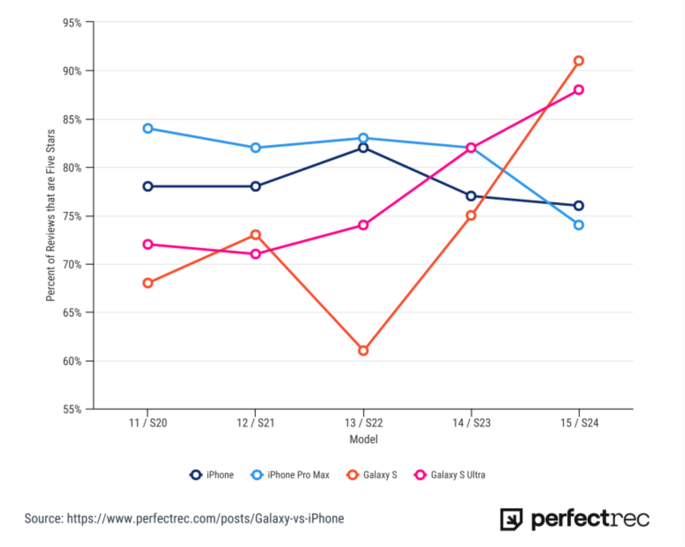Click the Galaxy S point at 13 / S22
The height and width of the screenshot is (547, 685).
click(x=363, y=350)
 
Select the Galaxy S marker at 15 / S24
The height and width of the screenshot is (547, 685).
click(x=579, y=61)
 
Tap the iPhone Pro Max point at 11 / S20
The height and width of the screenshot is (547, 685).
click(x=148, y=128)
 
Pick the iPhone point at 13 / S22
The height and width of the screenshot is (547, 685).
click(x=363, y=148)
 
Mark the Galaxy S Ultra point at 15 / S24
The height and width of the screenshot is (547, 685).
click(x=579, y=90)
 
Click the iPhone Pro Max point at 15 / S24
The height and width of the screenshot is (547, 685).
click(x=579, y=225)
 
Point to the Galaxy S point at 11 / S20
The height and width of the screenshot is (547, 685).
click(x=148, y=283)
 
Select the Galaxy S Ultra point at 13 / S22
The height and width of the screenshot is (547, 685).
click(x=363, y=225)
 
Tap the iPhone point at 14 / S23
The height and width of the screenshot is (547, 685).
click(x=471, y=196)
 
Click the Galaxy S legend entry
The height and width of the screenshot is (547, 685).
click(x=372, y=475)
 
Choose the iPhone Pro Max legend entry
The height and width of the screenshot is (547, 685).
click(x=290, y=475)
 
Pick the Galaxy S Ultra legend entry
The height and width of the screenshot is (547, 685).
click(x=450, y=475)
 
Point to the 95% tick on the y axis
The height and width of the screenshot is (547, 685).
click(x=72, y=23)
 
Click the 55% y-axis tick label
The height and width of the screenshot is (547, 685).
click(x=72, y=410)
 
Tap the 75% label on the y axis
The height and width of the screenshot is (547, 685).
click(x=72, y=216)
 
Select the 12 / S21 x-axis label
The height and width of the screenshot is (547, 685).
click(x=255, y=423)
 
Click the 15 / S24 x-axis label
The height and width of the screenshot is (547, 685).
click(x=579, y=423)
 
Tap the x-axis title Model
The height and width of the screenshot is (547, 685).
click(x=363, y=439)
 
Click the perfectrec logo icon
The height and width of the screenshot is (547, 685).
click(x=511, y=519)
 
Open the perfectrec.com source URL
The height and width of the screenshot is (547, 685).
click(x=205, y=519)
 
